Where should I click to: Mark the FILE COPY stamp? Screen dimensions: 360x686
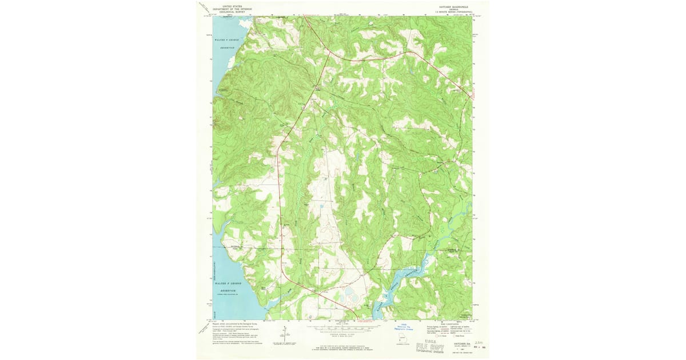tap(437, 346)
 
